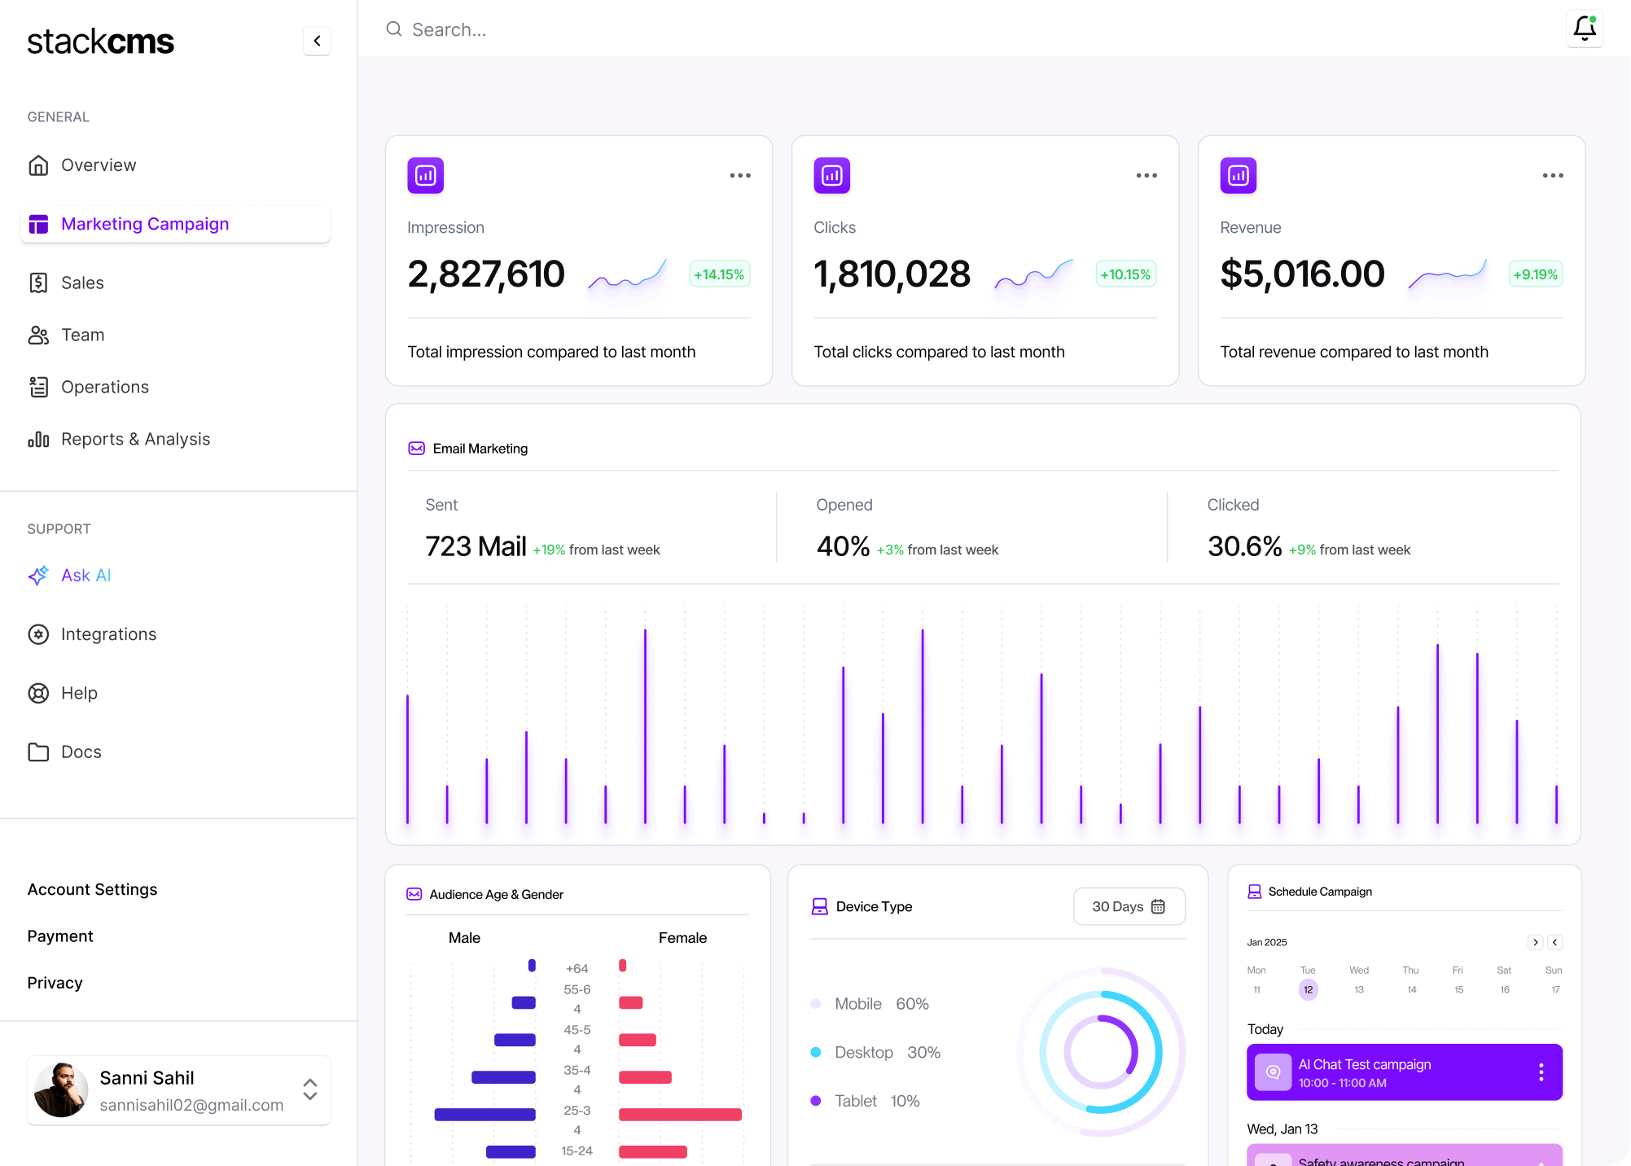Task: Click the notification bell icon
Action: [x=1584, y=28]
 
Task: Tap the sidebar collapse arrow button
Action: [x=317, y=41]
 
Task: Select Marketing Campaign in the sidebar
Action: [x=145, y=224]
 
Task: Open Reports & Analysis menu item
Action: [x=135, y=440]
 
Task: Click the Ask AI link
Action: [x=85, y=576]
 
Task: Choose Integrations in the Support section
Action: [x=108, y=634]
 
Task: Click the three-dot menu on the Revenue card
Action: [x=1552, y=176]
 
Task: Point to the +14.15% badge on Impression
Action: [x=719, y=274]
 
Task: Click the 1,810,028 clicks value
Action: [x=892, y=274]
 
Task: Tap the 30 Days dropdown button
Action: [x=1129, y=906]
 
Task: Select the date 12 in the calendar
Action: [x=1308, y=989]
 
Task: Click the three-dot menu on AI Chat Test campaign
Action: [x=1541, y=1072]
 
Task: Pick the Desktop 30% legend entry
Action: [x=887, y=1052]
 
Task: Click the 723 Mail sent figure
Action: [x=476, y=546]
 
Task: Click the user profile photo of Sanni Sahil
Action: [x=60, y=1089]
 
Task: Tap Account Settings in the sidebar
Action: [x=92, y=890]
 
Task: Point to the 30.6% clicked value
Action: [x=1244, y=546]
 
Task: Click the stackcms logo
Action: [x=100, y=42]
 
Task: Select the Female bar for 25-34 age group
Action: [x=679, y=1115]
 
